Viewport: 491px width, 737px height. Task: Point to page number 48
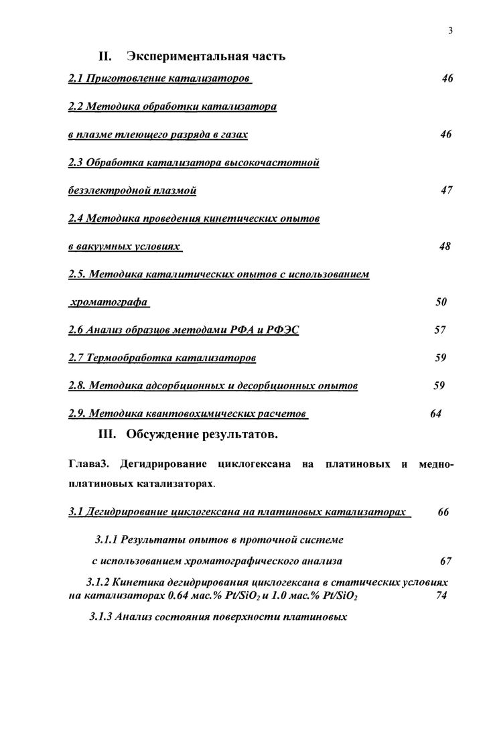[x=445, y=246]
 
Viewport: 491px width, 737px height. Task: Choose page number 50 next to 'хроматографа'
[x=441, y=302]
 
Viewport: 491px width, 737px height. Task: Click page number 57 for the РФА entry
[x=440, y=330]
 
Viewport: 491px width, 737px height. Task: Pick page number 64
[x=436, y=413]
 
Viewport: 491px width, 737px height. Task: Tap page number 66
[x=443, y=512]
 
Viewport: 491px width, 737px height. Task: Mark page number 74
[x=441, y=596]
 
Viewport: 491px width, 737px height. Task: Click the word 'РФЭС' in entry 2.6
[x=281, y=330]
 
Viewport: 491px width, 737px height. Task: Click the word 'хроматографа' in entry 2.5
[x=109, y=302]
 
